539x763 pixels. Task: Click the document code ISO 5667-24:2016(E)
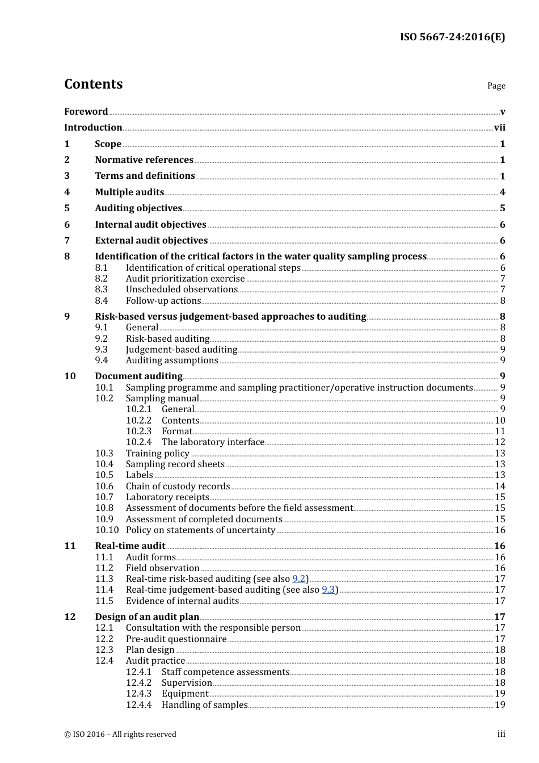click(452, 37)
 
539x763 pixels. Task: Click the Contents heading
click(93, 84)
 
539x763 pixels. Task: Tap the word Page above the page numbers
click(496, 86)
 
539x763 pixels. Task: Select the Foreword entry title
click(86, 111)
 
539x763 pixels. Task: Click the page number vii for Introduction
click(499, 128)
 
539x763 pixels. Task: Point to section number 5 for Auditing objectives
click(67, 208)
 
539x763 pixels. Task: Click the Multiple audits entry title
click(129, 192)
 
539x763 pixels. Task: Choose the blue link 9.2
click(298, 579)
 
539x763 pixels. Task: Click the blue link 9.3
click(328, 590)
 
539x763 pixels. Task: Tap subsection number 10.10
click(107, 530)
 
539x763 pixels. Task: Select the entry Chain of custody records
click(178, 487)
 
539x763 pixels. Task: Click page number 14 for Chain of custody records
click(500, 487)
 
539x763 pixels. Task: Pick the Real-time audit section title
click(130, 546)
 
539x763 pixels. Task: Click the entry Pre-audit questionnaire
click(176, 639)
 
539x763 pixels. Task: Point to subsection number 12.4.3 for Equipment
click(138, 694)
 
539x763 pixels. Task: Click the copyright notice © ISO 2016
click(120, 735)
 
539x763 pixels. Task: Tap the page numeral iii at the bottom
click(501, 734)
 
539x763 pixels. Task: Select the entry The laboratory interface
click(213, 442)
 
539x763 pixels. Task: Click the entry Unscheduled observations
click(182, 290)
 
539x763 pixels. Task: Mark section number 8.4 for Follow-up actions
click(101, 301)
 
